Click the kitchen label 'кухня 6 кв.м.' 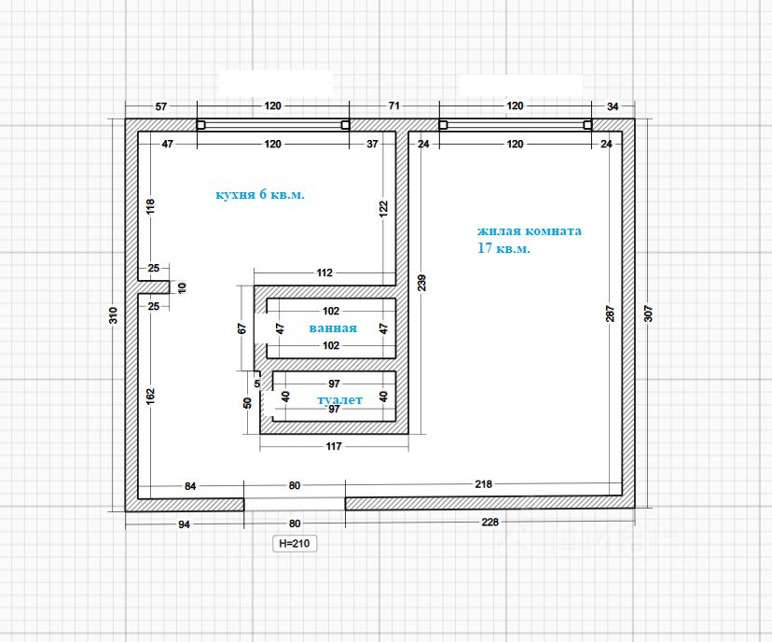click(x=260, y=195)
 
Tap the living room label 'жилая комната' click(x=529, y=230)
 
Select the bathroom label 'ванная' click(x=333, y=328)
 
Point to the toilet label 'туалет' click(x=339, y=399)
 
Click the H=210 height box click(x=292, y=543)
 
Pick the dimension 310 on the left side click(x=113, y=315)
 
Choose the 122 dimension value click(x=384, y=209)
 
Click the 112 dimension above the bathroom click(x=324, y=273)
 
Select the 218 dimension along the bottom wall click(x=483, y=484)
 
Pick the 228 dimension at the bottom click(x=489, y=523)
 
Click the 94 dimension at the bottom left click(x=184, y=524)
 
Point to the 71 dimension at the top click(x=393, y=106)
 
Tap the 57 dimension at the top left click(x=160, y=106)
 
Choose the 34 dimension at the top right click(x=612, y=106)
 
